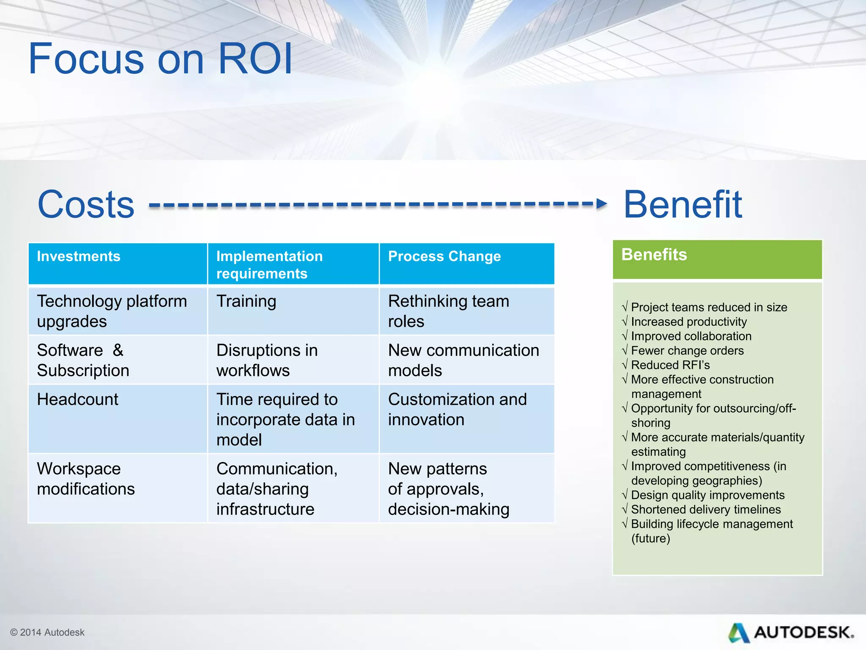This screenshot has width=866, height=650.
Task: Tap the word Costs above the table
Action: point(86,204)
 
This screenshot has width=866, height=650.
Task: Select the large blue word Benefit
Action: point(682,204)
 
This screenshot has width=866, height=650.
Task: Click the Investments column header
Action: point(79,256)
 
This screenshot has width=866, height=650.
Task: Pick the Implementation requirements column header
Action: point(269,265)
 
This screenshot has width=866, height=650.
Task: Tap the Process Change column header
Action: point(444,256)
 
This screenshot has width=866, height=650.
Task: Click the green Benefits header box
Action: point(717,259)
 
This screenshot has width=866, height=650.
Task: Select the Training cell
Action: point(246,301)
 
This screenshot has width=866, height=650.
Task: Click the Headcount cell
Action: point(78,399)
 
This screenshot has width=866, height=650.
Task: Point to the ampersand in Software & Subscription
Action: point(118,350)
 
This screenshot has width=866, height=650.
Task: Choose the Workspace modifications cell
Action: point(86,479)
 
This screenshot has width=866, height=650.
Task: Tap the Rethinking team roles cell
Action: point(448,311)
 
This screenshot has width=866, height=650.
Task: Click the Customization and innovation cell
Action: point(457,409)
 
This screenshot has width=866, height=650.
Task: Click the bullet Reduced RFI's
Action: point(670,365)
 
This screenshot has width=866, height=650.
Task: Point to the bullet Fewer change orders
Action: point(687,350)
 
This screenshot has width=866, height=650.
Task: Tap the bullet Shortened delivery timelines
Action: point(705,510)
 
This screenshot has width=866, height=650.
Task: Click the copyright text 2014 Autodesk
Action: point(47,632)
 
